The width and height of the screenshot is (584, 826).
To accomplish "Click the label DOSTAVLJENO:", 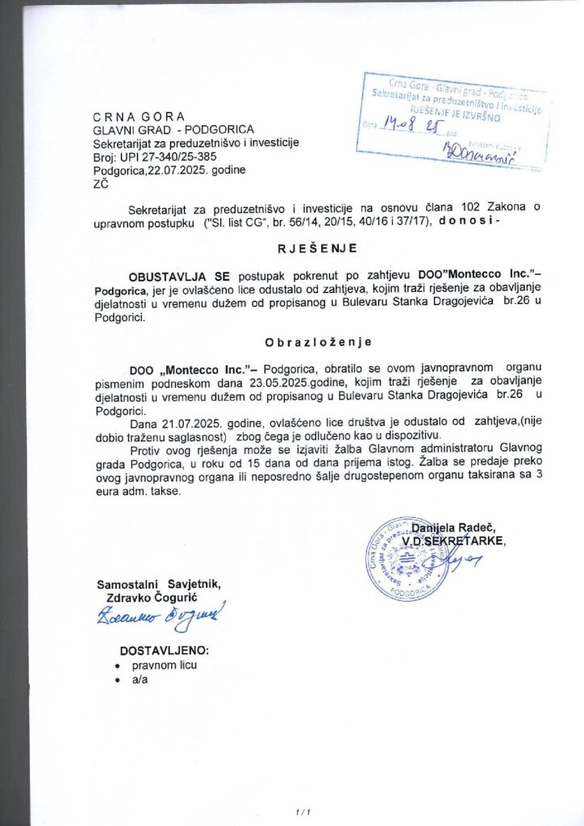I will (165, 649).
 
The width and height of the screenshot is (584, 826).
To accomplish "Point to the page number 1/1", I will (302, 811).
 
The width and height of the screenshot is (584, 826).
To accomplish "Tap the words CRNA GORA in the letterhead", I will (139, 116).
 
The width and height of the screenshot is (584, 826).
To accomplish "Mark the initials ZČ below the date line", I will (102, 184).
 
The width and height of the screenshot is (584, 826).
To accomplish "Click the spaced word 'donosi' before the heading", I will (471, 221).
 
